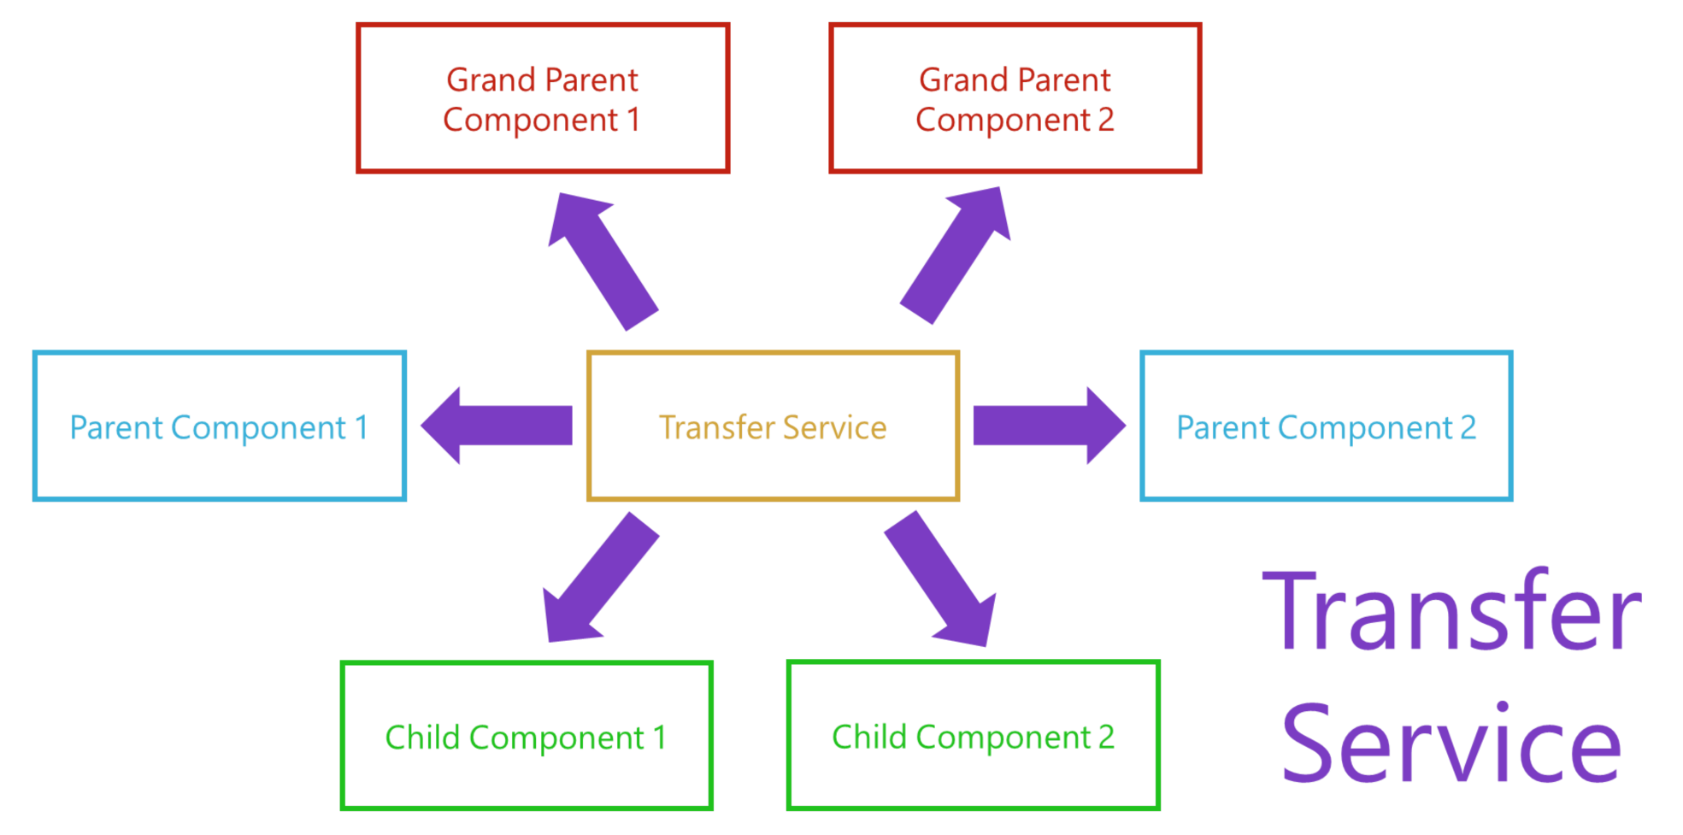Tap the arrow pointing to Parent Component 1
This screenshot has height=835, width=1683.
tap(496, 426)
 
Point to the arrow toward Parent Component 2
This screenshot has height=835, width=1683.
tap(1050, 426)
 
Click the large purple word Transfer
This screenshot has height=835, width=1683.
tap(1451, 610)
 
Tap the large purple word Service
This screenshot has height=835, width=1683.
tap(1451, 742)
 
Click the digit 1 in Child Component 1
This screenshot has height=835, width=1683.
tap(659, 738)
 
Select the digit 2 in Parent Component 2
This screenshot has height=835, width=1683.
tap(1468, 427)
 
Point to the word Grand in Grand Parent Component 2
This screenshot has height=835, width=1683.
tap(962, 79)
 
